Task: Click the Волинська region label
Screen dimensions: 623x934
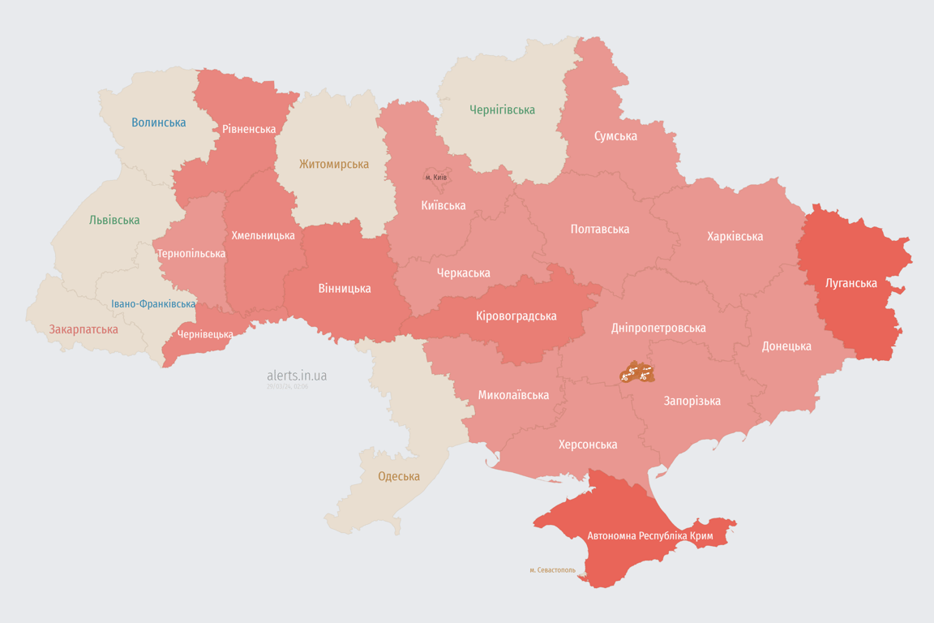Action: (x=158, y=122)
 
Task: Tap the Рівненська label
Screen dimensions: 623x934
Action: (x=249, y=129)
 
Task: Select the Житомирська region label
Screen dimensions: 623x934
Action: (x=333, y=164)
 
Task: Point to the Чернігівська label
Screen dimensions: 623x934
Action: (x=502, y=110)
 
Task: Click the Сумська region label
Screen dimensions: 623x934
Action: (x=615, y=135)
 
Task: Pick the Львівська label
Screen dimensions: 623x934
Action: (x=114, y=220)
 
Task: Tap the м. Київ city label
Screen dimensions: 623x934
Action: (x=436, y=178)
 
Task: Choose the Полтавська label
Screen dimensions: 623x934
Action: (x=599, y=229)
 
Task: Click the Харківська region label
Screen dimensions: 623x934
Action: (x=735, y=236)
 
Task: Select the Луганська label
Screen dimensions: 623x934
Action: (x=850, y=283)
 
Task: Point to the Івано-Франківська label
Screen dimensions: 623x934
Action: (x=153, y=304)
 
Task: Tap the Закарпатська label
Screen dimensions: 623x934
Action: (x=84, y=329)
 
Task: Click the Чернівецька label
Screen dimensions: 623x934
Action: (x=205, y=334)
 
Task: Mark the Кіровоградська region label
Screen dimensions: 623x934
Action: (x=516, y=316)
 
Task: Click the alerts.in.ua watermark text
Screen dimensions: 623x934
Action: (x=297, y=376)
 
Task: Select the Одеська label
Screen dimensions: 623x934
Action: (x=399, y=476)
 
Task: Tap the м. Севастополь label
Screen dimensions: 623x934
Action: (x=552, y=570)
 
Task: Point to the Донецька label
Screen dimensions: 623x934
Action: (x=786, y=346)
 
